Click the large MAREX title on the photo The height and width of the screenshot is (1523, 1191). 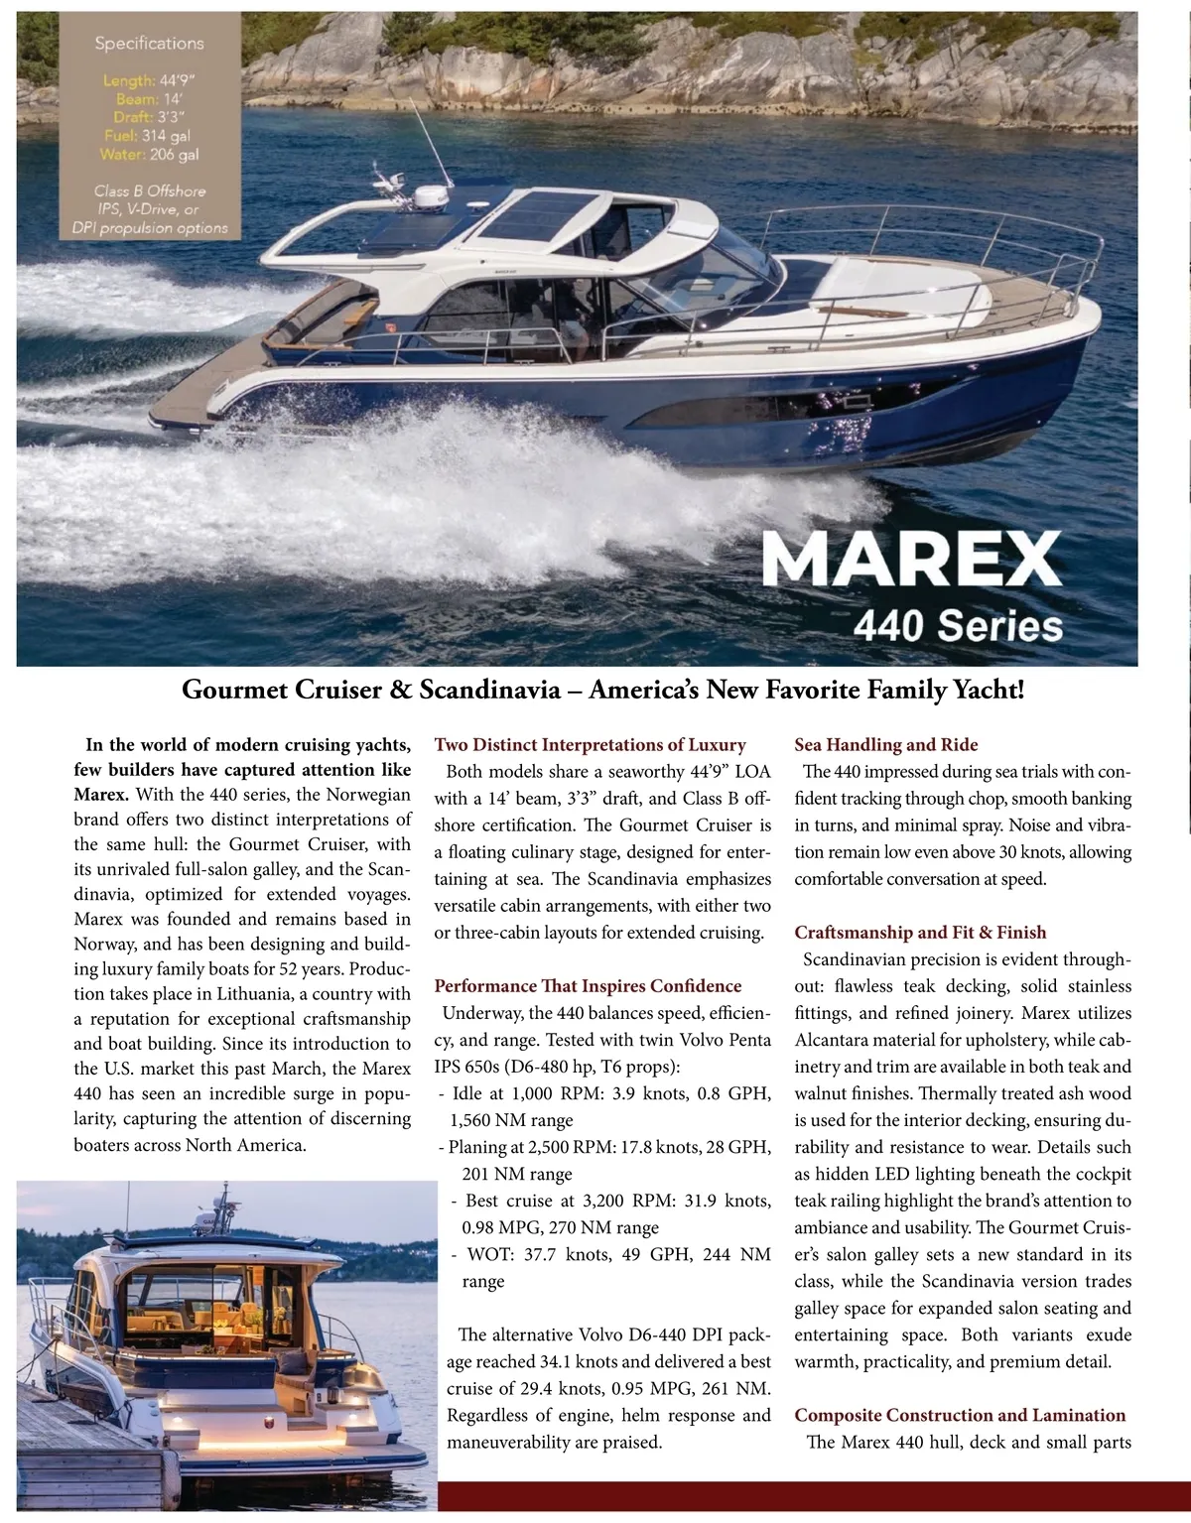click(911, 560)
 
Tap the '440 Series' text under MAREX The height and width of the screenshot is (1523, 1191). click(958, 626)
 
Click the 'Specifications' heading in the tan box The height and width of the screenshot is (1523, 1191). click(149, 44)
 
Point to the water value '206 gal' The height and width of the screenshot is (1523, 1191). click(174, 155)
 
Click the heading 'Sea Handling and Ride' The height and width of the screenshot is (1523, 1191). click(885, 745)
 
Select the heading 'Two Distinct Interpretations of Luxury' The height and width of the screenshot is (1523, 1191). click(590, 745)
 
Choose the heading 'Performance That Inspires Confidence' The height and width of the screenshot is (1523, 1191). click(588, 986)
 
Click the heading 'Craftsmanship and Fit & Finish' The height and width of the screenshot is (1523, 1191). click(920, 933)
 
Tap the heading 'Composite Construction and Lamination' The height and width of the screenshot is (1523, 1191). click(960, 1416)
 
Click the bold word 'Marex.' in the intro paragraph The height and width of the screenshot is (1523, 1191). click(101, 795)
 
